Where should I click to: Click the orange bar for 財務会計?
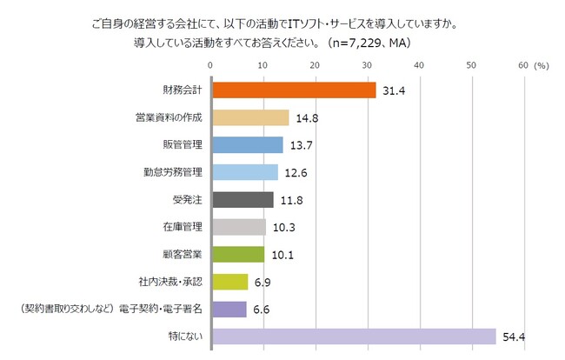294,90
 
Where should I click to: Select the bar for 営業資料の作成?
250,117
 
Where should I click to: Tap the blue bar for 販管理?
248,144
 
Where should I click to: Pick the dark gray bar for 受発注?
243,199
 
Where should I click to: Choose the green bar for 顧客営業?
238,254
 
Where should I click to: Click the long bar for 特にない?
353,337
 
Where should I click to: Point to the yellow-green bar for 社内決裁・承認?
229,282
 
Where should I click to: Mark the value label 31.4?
392,91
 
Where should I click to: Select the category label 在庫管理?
183,227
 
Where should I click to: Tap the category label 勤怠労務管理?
172,172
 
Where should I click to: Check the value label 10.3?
282,228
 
